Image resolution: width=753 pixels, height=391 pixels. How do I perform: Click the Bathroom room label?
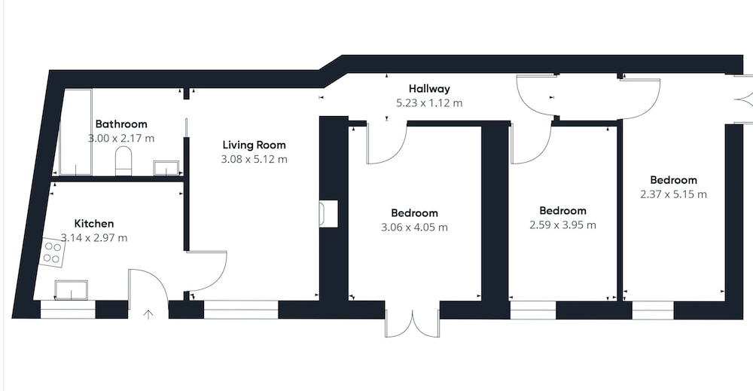point(121,124)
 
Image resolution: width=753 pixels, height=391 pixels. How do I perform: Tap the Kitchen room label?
point(94,223)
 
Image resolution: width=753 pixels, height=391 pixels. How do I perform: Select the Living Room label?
point(254,145)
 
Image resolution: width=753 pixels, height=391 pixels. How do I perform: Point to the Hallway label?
point(429,89)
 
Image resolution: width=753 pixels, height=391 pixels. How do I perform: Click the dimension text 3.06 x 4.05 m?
point(414,228)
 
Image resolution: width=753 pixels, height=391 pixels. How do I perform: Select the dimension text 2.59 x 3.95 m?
point(562,225)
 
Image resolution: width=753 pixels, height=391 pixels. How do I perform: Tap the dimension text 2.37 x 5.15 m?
point(673,194)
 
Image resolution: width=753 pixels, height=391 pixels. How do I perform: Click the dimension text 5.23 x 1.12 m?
point(429,102)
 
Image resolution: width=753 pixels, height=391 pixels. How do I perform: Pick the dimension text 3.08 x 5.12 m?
point(254,159)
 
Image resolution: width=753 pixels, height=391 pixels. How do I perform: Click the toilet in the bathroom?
point(123,161)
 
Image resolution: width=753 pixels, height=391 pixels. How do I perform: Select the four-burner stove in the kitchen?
point(53,252)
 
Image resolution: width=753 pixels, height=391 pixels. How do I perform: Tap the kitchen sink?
point(71,289)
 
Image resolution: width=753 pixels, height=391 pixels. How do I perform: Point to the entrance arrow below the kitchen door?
point(148,315)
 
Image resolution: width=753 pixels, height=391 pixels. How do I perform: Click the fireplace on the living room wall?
point(329,213)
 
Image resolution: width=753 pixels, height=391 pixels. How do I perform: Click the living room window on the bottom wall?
point(241,310)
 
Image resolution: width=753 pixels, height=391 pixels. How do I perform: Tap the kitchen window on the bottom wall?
point(69,310)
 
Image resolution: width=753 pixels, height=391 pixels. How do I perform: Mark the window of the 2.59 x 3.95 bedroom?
point(533,310)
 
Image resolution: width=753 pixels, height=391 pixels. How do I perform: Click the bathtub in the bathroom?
point(75,132)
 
